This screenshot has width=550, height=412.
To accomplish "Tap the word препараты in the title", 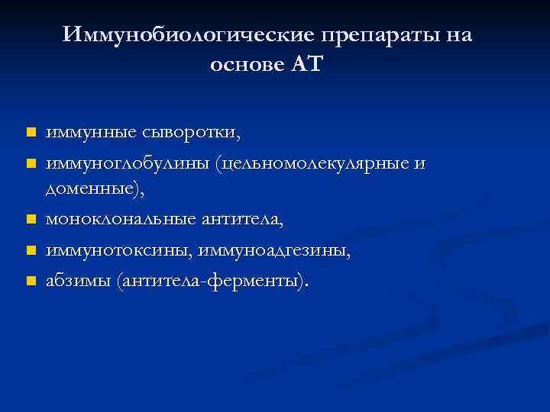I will click(377, 35).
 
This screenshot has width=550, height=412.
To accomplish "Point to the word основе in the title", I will click(246, 66).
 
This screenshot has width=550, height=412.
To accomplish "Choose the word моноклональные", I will click(121, 220).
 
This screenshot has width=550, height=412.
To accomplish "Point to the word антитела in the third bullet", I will click(241, 220).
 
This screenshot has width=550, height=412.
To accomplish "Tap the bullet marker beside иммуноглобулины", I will click(31, 163).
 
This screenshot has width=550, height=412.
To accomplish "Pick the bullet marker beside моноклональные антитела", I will click(31, 220).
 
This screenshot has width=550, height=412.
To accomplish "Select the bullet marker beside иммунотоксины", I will click(31, 250).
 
